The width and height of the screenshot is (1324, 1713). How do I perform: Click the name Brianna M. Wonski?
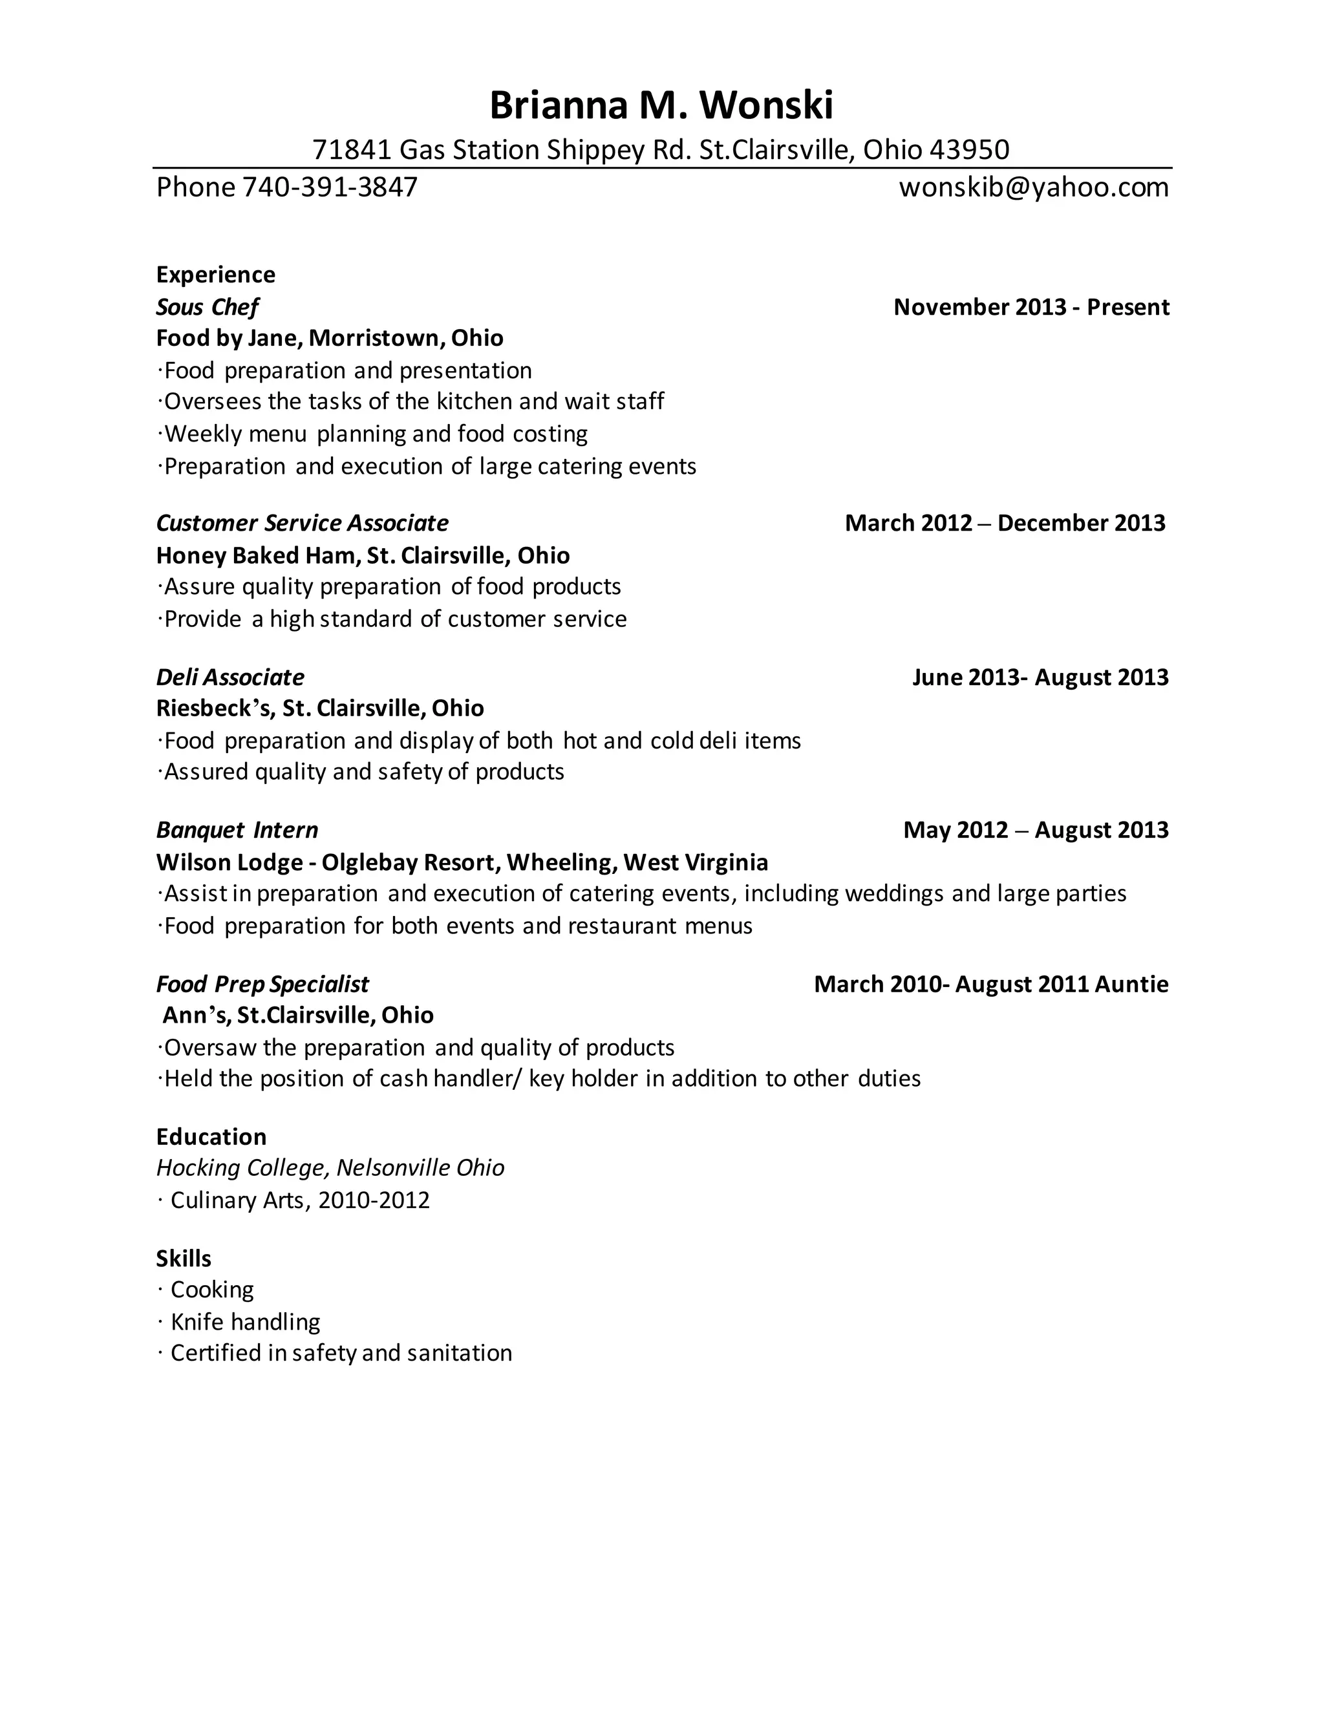(x=661, y=106)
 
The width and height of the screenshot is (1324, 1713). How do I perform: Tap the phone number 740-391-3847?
(x=330, y=187)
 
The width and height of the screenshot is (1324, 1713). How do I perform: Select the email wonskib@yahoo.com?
(x=1033, y=187)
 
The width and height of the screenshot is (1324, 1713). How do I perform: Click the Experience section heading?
(x=216, y=275)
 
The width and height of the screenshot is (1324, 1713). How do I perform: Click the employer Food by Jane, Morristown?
(x=330, y=338)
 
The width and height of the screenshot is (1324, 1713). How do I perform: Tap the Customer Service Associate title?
(x=302, y=523)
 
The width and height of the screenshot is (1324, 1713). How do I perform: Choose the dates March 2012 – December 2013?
(x=1005, y=523)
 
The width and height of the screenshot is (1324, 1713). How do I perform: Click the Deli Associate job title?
(x=230, y=677)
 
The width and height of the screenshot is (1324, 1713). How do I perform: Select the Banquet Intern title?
(x=237, y=830)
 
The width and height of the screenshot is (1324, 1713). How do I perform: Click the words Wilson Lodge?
(x=229, y=862)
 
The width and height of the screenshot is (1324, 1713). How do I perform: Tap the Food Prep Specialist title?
(x=262, y=984)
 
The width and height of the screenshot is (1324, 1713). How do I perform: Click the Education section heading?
(x=211, y=1136)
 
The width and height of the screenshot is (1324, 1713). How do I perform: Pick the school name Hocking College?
(x=240, y=1168)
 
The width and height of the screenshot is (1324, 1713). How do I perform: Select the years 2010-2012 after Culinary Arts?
(x=374, y=1200)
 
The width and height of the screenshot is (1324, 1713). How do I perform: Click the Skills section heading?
(x=184, y=1258)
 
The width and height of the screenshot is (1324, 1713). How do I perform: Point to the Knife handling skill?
(x=245, y=1322)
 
